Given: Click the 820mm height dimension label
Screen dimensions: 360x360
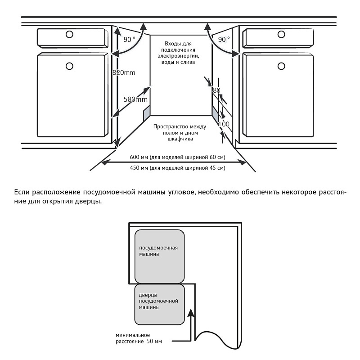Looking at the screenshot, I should [124, 72].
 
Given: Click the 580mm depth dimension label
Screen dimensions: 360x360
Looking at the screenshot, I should [136, 99].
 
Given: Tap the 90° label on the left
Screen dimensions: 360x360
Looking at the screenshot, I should [129, 40].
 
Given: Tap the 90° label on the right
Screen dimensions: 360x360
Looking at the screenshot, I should [224, 40].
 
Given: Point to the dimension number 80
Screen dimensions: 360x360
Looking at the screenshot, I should [216, 90].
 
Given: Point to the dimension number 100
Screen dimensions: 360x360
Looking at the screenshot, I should [223, 124].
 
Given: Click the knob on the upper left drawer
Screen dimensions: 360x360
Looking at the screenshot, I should [69, 34].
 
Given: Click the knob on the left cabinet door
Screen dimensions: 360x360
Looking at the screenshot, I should [69, 66].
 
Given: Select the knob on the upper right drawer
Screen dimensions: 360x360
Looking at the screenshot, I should [282, 34].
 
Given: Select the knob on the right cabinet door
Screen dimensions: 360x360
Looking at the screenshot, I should [282, 66].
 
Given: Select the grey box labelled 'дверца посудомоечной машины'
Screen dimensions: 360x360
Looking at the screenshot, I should [160, 304].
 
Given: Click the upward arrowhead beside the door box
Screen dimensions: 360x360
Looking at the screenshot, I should [192, 311].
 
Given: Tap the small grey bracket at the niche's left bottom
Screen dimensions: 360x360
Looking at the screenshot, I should [146, 113].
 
